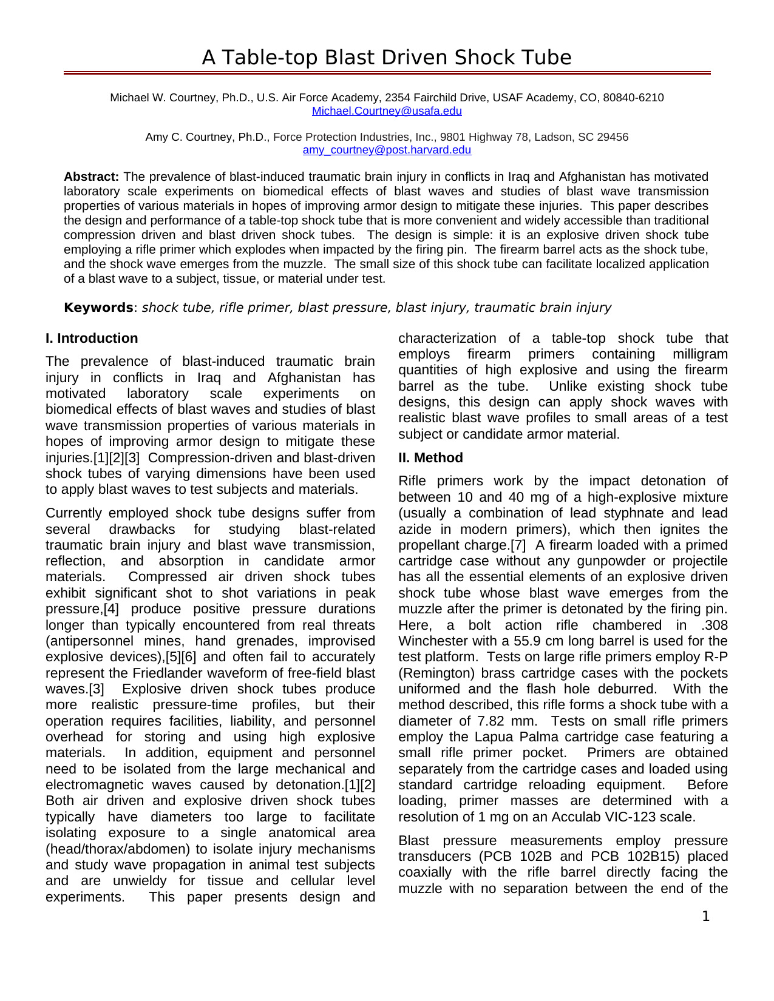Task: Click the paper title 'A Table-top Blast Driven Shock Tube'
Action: coord(387,58)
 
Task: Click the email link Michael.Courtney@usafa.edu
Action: coord(387,111)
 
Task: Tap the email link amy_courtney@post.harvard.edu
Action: coord(387,150)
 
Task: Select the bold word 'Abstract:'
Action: coord(91,177)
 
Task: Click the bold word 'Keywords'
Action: coord(98,308)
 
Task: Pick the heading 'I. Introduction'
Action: coord(92,339)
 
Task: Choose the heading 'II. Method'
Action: coord(430,458)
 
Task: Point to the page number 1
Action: coord(705,917)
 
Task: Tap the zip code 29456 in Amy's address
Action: coord(614,137)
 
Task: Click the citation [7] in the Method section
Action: coord(518,545)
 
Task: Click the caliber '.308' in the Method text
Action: coord(713,625)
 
